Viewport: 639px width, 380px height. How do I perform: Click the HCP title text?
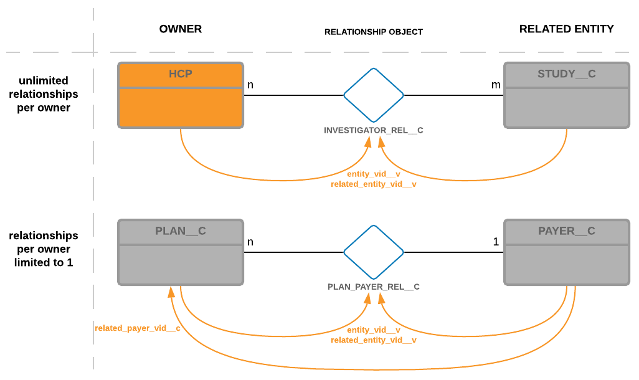point(181,74)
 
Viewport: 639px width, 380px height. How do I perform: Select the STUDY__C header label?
point(566,74)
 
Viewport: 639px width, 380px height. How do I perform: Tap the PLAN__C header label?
point(181,231)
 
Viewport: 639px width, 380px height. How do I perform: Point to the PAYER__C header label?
point(566,231)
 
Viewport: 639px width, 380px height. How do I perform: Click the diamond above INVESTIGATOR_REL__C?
point(374,95)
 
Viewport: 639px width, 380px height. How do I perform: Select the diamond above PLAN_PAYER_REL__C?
point(374,252)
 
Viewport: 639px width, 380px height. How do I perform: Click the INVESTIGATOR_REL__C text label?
point(374,131)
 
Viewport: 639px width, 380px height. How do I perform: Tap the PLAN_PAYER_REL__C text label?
point(374,287)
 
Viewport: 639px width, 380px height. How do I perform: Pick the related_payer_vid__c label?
point(138,328)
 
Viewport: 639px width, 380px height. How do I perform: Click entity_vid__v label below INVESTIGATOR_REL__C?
point(374,174)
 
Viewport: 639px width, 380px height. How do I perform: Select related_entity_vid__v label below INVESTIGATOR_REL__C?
point(374,184)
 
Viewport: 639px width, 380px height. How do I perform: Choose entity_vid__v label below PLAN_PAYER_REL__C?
point(374,330)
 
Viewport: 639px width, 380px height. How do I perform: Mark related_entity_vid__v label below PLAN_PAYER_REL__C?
point(374,341)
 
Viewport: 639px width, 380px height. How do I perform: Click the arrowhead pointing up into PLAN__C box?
point(171,292)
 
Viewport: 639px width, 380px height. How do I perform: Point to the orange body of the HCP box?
point(181,108)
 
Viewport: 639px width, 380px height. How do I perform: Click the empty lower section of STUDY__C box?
point(566,108)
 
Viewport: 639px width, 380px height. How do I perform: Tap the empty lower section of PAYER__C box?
point(566,265)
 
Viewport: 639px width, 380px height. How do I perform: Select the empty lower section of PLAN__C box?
point(181,265)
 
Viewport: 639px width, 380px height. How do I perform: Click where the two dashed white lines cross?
point(93,52)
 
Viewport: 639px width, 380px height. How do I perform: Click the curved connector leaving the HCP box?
point(206,164)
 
